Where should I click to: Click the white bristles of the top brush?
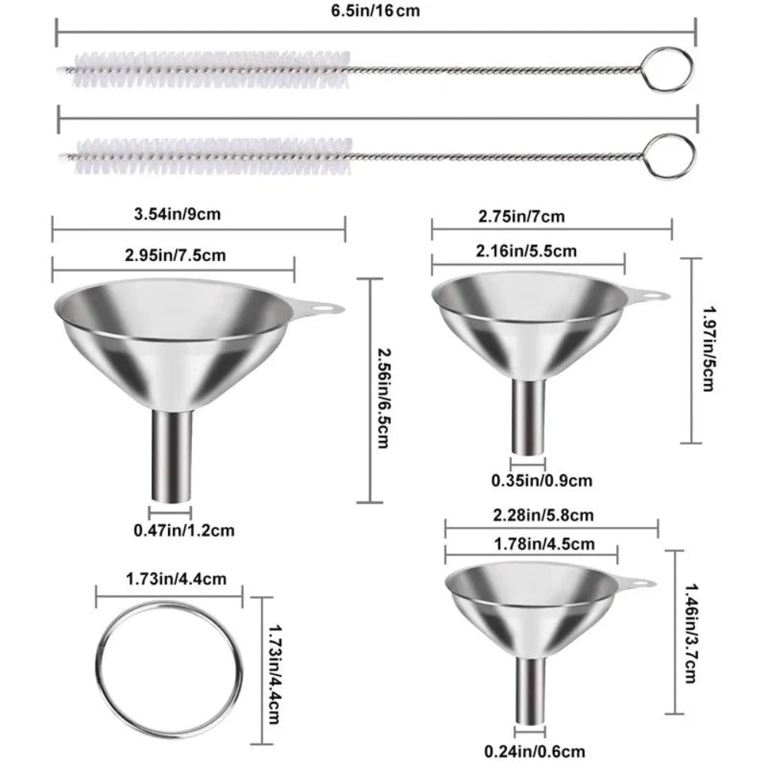[x=207, y=69]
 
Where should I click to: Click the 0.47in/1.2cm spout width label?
[x=184, y=529]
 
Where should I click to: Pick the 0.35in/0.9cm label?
[x=541, y=481]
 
